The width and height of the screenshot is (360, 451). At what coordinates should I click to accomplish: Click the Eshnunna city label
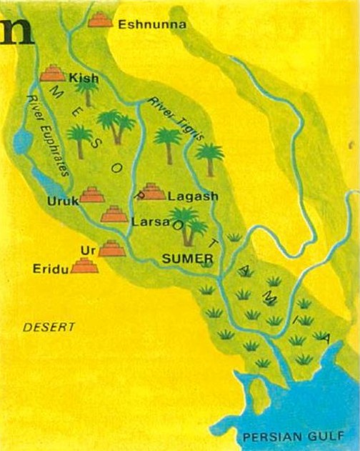[151, 25]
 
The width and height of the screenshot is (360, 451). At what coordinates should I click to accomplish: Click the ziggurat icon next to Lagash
[151, 191]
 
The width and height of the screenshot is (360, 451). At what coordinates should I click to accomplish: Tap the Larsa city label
[149, 223]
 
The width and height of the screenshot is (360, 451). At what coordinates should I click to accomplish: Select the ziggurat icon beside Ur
[111, 248]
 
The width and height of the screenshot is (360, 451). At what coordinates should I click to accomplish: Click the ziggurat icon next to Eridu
[86, 266]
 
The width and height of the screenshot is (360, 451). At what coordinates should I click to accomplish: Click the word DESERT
[49, 327]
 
